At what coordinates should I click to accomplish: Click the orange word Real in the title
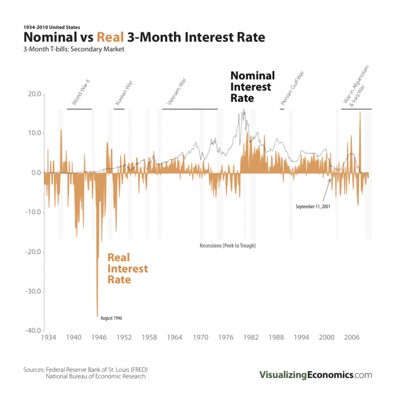tap(110, 38)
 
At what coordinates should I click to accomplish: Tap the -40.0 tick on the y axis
tap(32, 330)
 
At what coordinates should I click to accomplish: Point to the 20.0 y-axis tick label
tap(33, 95)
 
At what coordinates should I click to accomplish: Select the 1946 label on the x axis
tap(98, 337)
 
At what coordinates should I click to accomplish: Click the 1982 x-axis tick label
tap(251, 337)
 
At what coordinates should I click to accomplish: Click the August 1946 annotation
tap(112, 318)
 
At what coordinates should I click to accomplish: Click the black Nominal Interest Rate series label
tap(252, 86)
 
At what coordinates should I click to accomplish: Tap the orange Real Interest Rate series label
tap(128, 269)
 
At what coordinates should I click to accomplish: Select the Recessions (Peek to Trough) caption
tap(227, 245)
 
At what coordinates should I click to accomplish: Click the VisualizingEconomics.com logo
tap(315, 375)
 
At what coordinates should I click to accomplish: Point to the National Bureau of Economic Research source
tap(95, 377)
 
